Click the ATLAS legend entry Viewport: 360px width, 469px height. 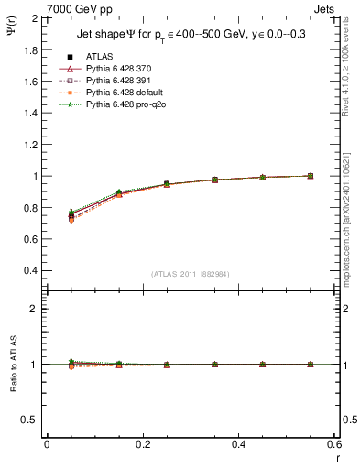100,57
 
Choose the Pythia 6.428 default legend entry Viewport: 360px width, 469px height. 121,93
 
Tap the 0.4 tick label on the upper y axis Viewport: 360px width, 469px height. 30,271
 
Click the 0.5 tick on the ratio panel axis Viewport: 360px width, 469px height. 30,420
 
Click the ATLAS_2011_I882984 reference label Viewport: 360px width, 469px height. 190,274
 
